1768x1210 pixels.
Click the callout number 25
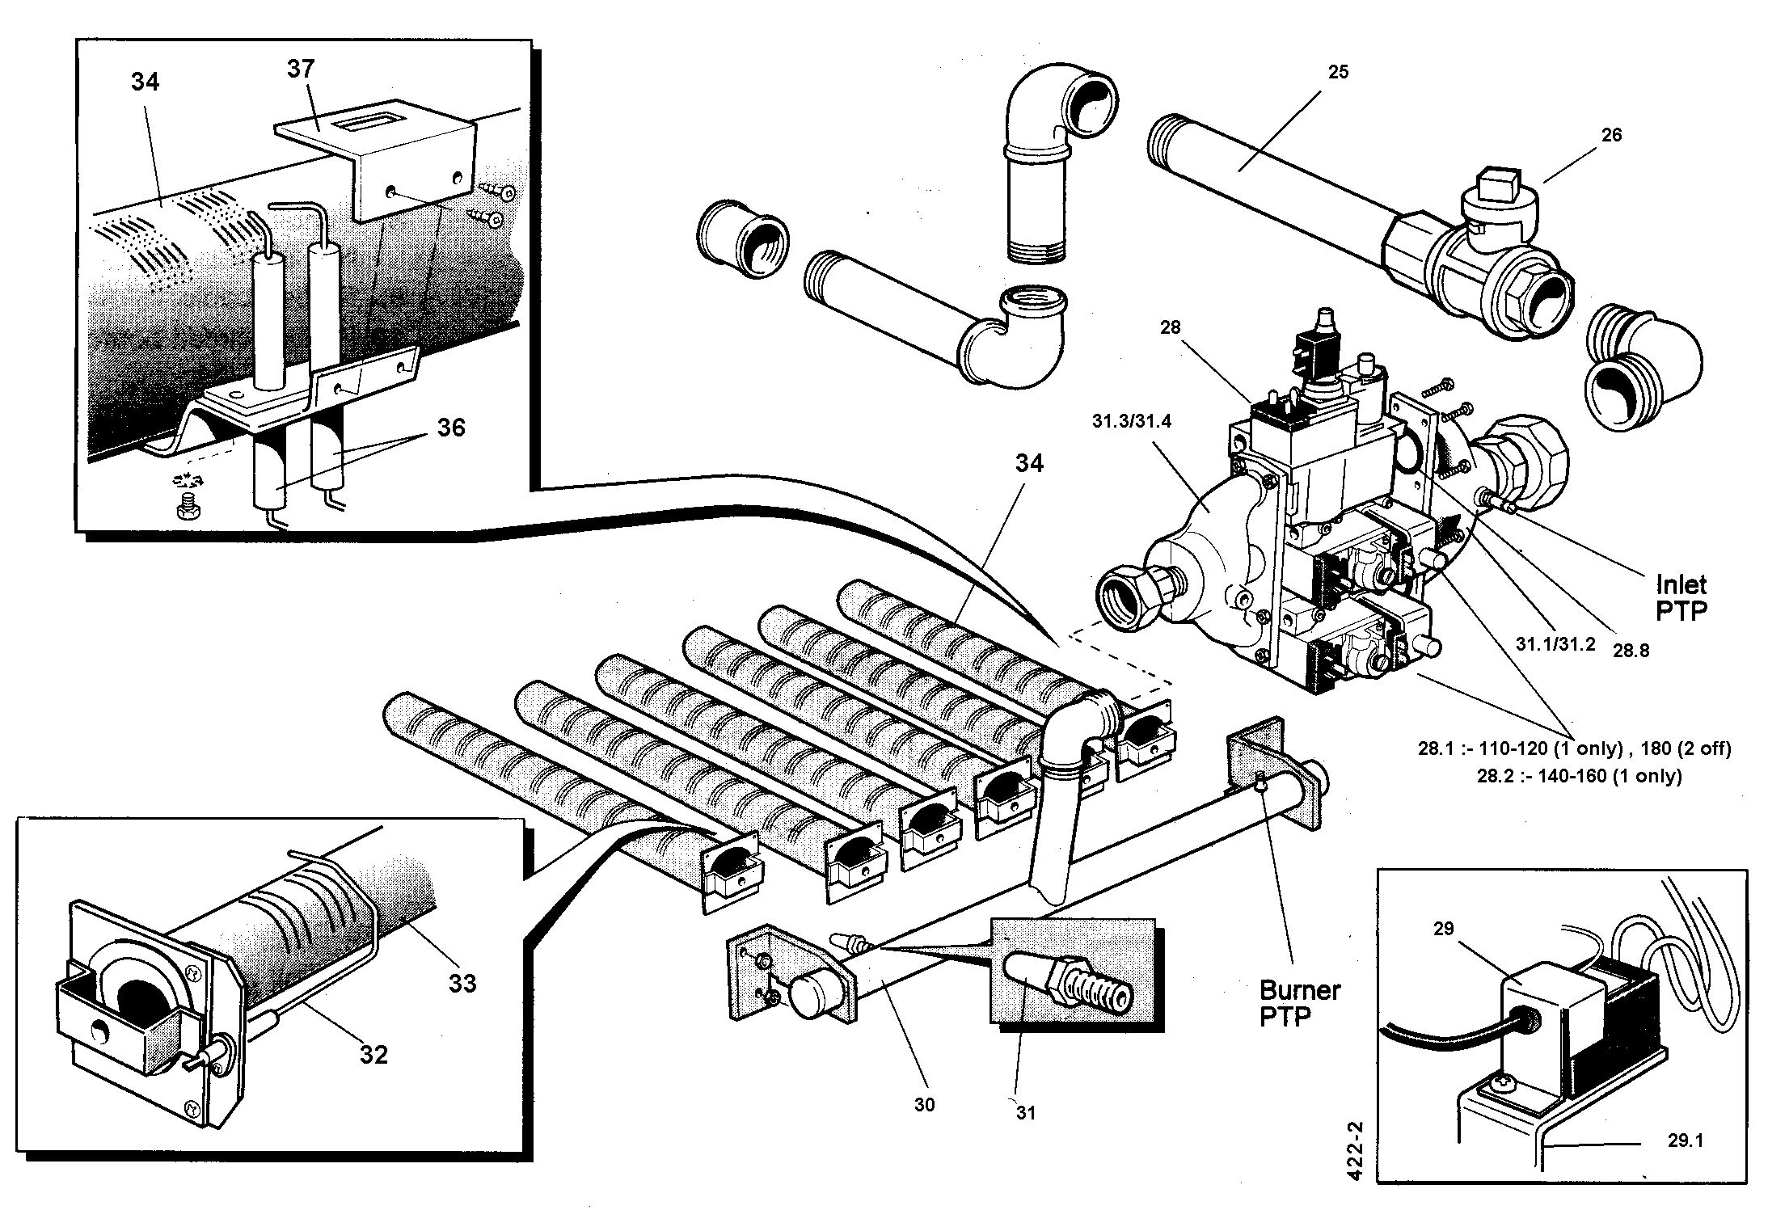(x=1338, y=72)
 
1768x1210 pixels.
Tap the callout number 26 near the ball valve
(x=1611, y=135)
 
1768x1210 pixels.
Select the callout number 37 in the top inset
(x=301, y=70)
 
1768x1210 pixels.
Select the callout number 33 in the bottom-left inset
(x=462, y=984)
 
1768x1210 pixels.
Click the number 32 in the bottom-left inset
(x=373, y=1054)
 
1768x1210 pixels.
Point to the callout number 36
(x=450, y=427)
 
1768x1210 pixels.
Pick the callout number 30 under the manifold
(x=924, y=1104)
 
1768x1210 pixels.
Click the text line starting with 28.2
(x=1579, y=776)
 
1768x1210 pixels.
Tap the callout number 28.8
(x=1631, y=650)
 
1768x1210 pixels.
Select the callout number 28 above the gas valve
(x=1170, y=327)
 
